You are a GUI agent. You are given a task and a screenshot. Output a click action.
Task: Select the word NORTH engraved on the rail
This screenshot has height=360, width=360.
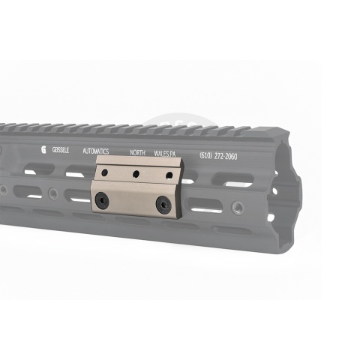(x=138, y=152)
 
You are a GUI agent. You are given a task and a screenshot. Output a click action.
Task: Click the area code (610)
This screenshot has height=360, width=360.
(x=205, y=156)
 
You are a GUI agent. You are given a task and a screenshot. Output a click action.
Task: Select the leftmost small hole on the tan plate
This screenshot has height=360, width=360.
(x=106, y=172)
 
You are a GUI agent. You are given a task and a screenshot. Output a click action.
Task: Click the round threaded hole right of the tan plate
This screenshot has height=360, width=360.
(x=238, y=208)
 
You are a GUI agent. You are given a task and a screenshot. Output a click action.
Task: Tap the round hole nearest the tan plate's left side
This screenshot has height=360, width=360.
(x=52, y=193)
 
